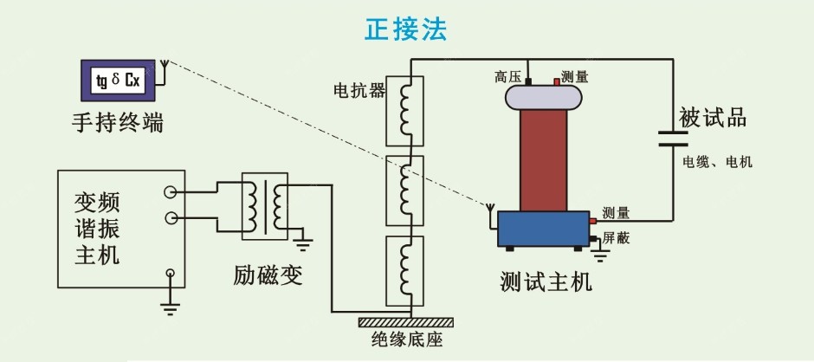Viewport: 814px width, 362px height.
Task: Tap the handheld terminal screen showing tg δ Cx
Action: click(x=120, y=81)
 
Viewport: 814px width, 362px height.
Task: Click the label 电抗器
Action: click(x=359, y=89)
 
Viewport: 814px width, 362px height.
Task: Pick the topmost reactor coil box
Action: click(x=404, y=110)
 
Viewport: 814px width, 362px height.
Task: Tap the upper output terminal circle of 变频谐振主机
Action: click(x=170, y=194)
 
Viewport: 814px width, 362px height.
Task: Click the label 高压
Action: click(x=507, y=77)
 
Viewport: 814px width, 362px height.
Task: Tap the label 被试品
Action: click(x=712, y=119)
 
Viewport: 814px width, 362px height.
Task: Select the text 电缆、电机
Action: click(x=717, y=162)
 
